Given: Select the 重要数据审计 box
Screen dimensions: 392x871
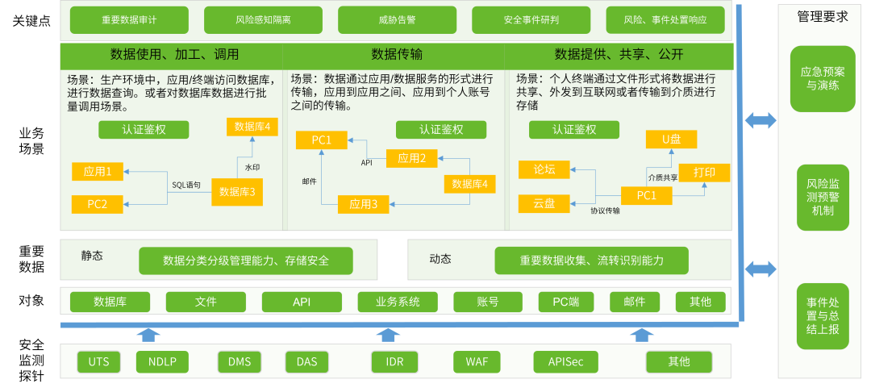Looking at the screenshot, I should [x=129, y=20].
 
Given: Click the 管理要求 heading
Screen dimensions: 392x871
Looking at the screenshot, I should [x=822, y=16].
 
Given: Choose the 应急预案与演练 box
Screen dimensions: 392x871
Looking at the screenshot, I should [x=823, y=78].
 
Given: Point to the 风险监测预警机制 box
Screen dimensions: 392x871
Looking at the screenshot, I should [x=823, y=198].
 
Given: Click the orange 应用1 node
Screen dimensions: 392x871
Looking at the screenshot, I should [x=98, y=171].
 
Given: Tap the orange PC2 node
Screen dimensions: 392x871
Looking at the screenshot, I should [x=98, y=204].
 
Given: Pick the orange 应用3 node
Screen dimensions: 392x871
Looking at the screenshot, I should [x=363, y=204].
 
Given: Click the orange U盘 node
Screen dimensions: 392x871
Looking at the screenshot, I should [x=671, y=140].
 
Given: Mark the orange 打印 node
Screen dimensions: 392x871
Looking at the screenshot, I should [x=704, y=173].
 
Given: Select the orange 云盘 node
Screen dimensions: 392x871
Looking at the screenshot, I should [x=544, y=203].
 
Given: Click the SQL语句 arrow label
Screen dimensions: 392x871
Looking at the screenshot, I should [x=185, y=186].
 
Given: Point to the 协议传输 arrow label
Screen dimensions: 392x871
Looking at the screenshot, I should [x=605, y=211].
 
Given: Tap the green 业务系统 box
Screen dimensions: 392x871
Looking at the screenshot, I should [x=398, y=302].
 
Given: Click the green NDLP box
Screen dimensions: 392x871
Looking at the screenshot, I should [x=162, y=361].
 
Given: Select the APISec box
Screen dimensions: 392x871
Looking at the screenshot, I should [x=565, y=361].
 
